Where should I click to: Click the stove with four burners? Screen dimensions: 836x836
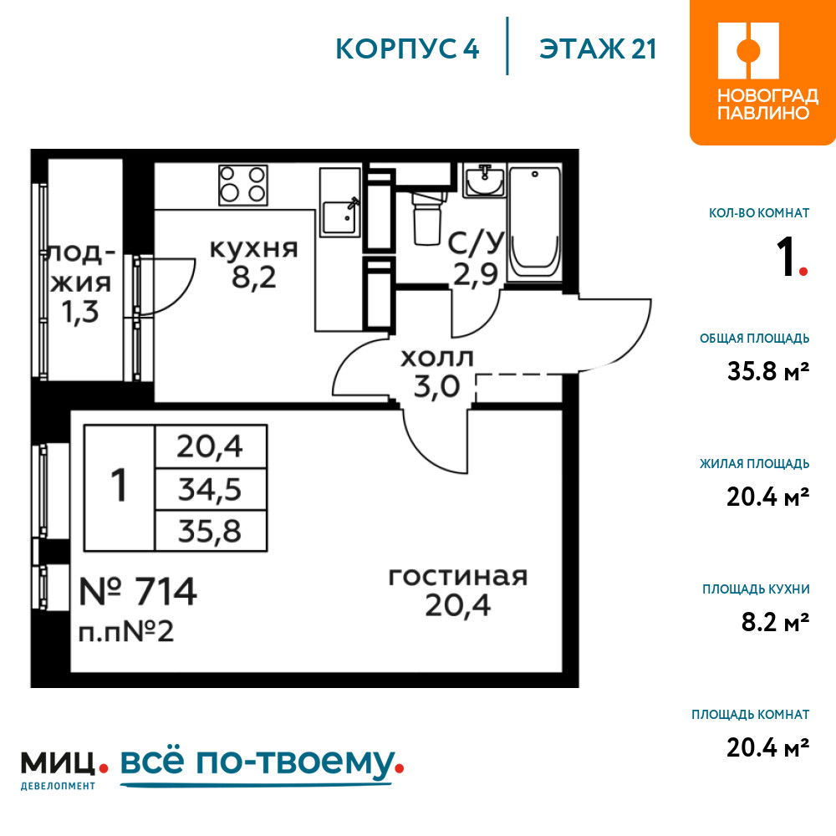243,185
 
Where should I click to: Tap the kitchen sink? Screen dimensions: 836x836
340,202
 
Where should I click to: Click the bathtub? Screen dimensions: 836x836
535,223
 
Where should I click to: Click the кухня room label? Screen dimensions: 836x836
254,249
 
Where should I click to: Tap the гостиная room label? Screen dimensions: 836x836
458,576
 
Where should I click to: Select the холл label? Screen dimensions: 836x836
437,358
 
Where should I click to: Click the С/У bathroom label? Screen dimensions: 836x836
476,242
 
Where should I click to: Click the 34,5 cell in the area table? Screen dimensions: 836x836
210,489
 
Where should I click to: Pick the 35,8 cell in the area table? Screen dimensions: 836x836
210,531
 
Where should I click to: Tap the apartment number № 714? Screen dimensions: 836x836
138,591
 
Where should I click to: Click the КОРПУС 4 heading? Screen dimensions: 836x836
407,49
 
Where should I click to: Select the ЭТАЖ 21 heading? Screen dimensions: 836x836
597,49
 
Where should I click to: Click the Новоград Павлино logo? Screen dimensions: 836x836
762,72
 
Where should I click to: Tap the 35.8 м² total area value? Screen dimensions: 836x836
768,370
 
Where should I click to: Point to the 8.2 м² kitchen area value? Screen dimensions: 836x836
776,621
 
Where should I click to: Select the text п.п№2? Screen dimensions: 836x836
126,632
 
